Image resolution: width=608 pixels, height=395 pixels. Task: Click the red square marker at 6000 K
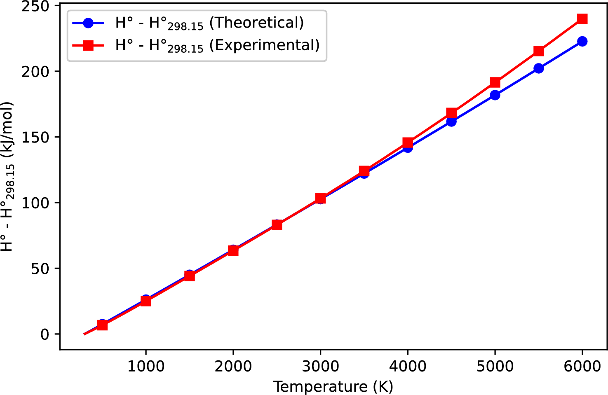[x=582, y=19]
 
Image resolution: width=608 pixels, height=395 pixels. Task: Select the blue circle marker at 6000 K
[x=582, y=41]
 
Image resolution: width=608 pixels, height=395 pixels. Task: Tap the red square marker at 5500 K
[x=538, y=51]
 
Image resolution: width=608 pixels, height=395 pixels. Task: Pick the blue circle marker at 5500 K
[x=538, y=68]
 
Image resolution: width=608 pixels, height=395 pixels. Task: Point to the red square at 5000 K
[x=495, y=82]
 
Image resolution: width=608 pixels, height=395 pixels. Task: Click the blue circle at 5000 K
[x=495, y=95]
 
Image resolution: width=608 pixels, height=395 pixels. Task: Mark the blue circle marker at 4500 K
[x=451, y=122]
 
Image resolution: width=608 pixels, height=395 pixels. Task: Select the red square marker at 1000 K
[x=146, y=301]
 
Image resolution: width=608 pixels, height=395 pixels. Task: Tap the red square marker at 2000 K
[x=233, y=250]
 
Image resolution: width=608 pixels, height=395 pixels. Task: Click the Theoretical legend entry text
[x=209, y=23]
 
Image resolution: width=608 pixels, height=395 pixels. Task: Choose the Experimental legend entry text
[x=217, y=45]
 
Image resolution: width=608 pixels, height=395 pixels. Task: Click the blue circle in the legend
[x=88, y=23]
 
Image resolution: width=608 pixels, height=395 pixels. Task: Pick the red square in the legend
[x=88, y=45]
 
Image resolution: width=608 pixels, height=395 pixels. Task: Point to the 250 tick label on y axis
[x=35, y=6]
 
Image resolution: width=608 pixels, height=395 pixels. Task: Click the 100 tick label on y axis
[x=35, y=203]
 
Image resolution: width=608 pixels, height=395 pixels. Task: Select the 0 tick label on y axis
[x=45, y=334]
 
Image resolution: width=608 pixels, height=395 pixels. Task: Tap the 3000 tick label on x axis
[x=320, y=366]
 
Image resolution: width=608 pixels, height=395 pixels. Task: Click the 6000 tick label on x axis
[x=582, y=366]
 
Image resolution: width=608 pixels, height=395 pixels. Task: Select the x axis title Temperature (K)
[x=333, y=387]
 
